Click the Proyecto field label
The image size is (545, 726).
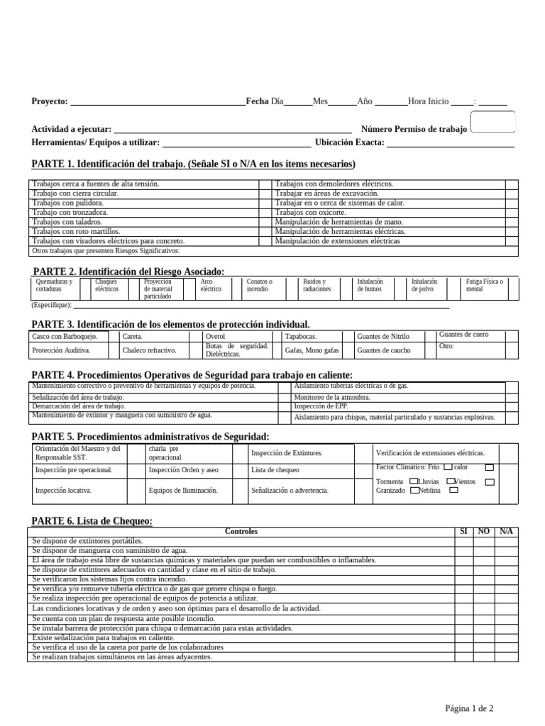pyautogui.click(x=49, y=101)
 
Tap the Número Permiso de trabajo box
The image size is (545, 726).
pyautogui.click(x=492, y=123)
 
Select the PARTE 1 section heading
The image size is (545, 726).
pyautogui.click(x=193, y=164)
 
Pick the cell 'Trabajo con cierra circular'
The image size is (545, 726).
pyautogui.click(x=75, y=193)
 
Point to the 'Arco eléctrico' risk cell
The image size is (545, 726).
pyautogui.click(x=211, y=285)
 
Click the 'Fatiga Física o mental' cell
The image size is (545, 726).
pyautogui.click(x=485, y=285)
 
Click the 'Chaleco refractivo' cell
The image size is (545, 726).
pyautogui.click(x=149, y=350)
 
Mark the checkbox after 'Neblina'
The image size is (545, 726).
pyautogui.click(x=453, y=490)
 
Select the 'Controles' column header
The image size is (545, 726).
pyautogui.click(x=241, y=531)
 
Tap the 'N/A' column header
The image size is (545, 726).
pyautogui.click(x=506, y=531)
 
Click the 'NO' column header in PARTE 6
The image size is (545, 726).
pyautogui.click(x=484, y=531)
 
